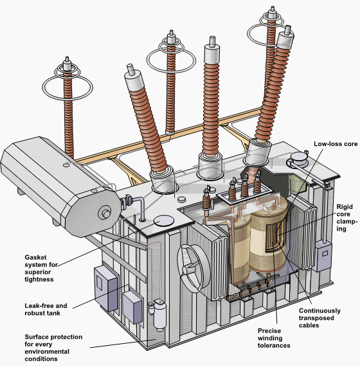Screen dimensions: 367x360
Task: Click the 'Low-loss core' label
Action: (x=335, y=144)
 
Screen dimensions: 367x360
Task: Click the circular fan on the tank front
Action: (x=192, y=265)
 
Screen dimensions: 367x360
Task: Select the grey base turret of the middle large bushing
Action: (x=210, y=169)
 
